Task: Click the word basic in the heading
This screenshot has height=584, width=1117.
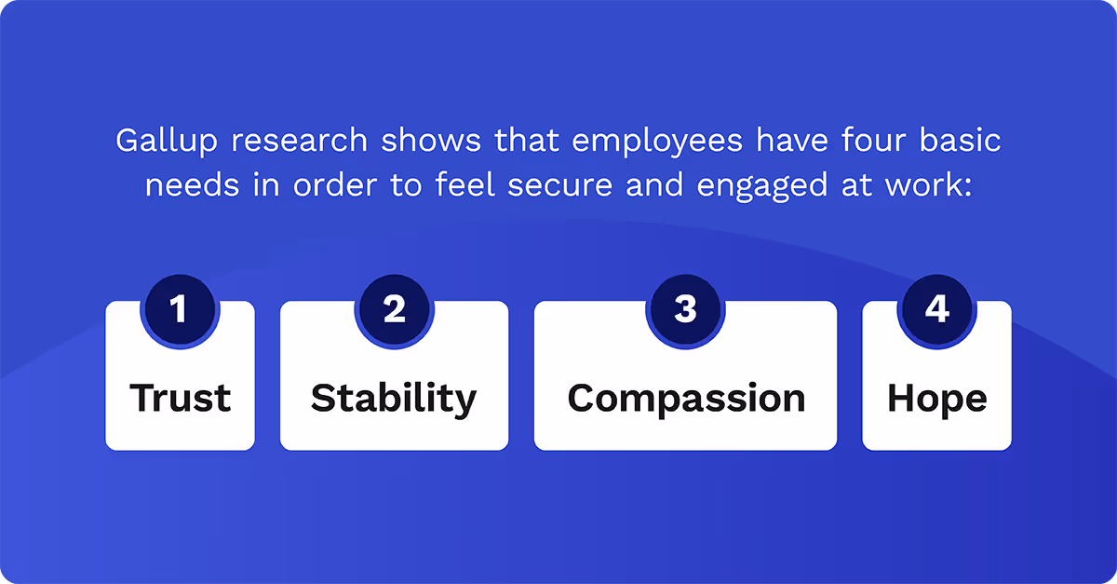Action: point(965,142)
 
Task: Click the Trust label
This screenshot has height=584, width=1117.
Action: point(181,399)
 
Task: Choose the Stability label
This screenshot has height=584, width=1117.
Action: point(394,399)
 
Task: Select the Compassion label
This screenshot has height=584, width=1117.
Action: point(686,399)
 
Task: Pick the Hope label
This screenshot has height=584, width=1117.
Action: point(936,399)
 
